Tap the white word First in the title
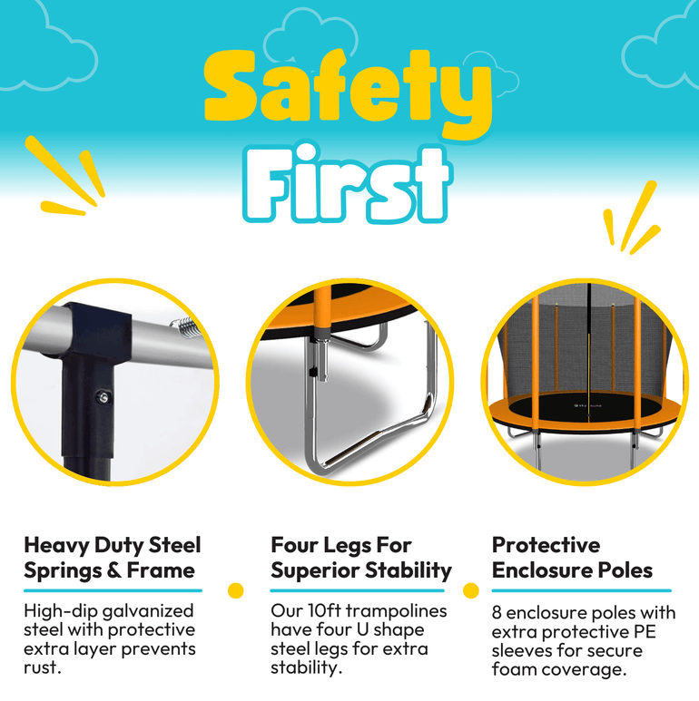tap(347, 184)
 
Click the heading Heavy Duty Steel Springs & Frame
tap(113, 558)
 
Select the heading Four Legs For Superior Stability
tap(361, 558)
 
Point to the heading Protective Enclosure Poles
tap(572, 558)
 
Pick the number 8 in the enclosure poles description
tap(497, 613)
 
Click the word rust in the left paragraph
tap(40, 668)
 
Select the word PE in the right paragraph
tap(645, 632)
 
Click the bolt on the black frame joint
tap(103, 397)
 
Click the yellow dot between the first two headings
tap(235, 590)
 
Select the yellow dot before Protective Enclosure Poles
tap(471, 590)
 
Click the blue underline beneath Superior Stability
tap(357, 590)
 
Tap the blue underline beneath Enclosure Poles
tap(581, 590)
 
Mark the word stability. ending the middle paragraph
tap(307, 668)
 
